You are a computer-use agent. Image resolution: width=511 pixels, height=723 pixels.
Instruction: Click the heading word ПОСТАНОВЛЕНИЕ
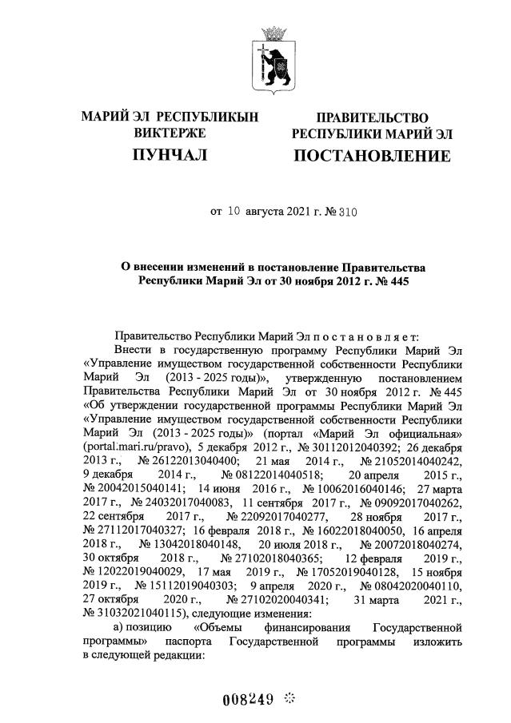click(372, 155)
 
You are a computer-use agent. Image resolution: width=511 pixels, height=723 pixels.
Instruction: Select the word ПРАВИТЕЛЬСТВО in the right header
click(372, 117)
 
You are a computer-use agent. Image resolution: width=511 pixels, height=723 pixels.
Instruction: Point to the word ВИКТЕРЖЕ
click(170, 133)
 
